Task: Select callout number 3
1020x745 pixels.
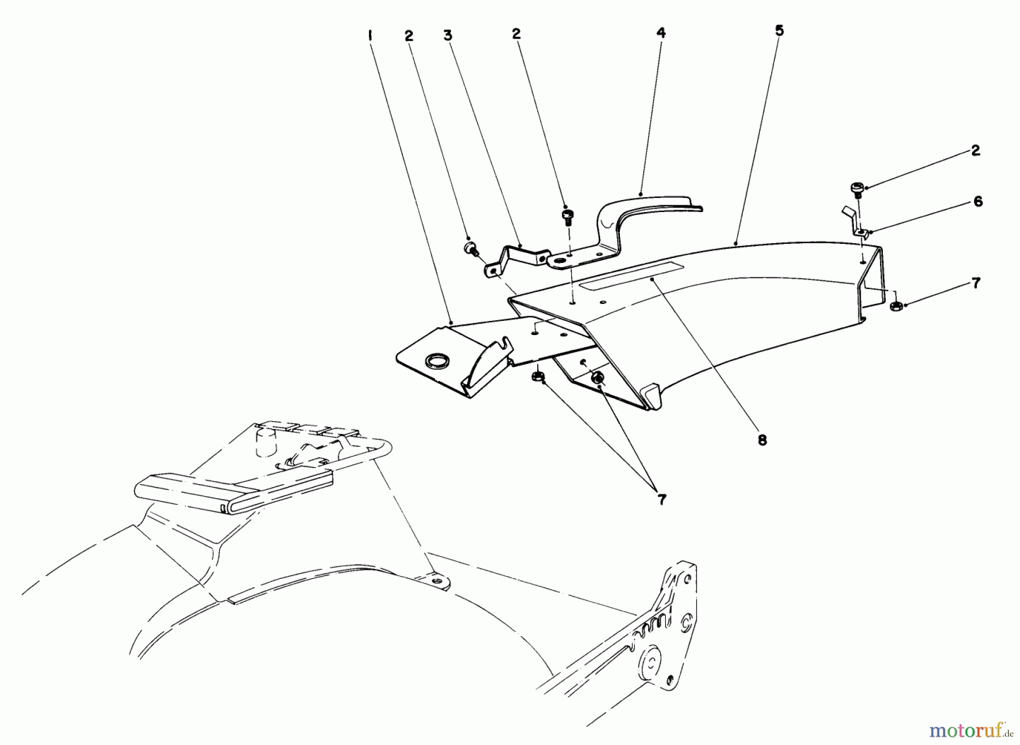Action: pyautogui.click(x=448, y=35)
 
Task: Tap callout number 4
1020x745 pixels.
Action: pyautogui.click(x=661, y=33)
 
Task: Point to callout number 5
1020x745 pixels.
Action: pyautogui.click(x=779, y=30)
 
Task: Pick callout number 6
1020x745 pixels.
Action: pyautogui.click(x=977, y=201)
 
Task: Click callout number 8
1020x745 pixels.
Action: pyautogui.click(x=762, y=439)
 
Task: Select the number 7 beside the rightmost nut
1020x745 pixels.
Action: pyautogui.click(x=976, y=283)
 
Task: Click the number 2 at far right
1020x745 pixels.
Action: pyautogui.click(x=975, y=150)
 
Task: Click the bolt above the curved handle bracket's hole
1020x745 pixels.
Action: pyautogui.click(x=567, y=216)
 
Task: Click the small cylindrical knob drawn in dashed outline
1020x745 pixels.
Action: pyautogui.click(x=264, y=442)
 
